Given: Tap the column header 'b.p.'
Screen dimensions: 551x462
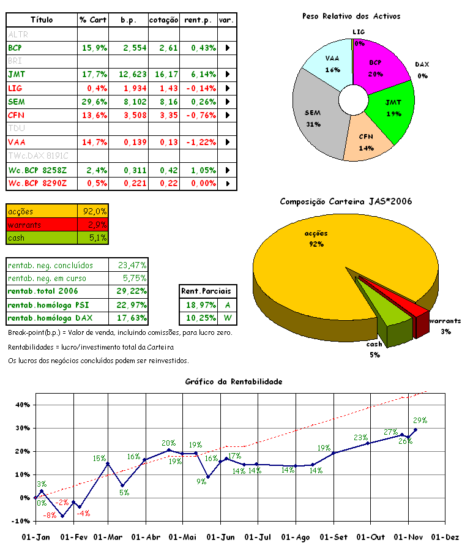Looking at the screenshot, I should tap(129, 20).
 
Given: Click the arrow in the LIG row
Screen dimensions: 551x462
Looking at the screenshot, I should tap(228, 88).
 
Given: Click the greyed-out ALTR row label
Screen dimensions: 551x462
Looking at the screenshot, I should tap(18, 34).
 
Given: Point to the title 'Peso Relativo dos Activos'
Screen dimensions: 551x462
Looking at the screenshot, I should tap(351, 16).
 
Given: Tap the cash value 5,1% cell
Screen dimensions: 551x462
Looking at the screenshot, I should tap(93, 238).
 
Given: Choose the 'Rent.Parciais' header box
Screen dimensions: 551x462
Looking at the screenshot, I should tap(209, 291).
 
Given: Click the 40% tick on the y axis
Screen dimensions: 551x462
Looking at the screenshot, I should tap(22, 405).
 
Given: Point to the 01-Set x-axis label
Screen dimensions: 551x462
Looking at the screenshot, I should tap(333, 537).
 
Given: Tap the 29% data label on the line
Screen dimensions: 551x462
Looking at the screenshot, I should tap(420, 421).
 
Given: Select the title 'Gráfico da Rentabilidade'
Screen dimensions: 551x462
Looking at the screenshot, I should tap(233, 381).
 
